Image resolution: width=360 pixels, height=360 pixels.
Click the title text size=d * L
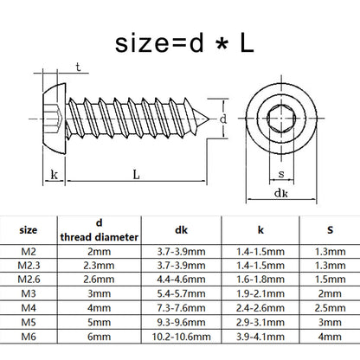pos(184,44)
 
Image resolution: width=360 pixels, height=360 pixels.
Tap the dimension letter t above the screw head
pos(78,67)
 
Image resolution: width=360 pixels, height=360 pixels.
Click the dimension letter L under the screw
pos(136,175)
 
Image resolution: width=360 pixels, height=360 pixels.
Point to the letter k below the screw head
pos(54,175)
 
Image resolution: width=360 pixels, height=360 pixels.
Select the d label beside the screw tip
pos(223,119)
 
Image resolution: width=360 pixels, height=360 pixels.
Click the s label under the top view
pos(281,174)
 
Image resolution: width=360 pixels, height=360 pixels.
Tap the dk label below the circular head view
pos(281,193)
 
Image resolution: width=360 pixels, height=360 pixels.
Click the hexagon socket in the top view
pos(281,119)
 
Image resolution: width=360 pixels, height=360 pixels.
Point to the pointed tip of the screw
pos(209,119)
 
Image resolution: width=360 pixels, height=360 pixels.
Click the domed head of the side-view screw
pos(55,119)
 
